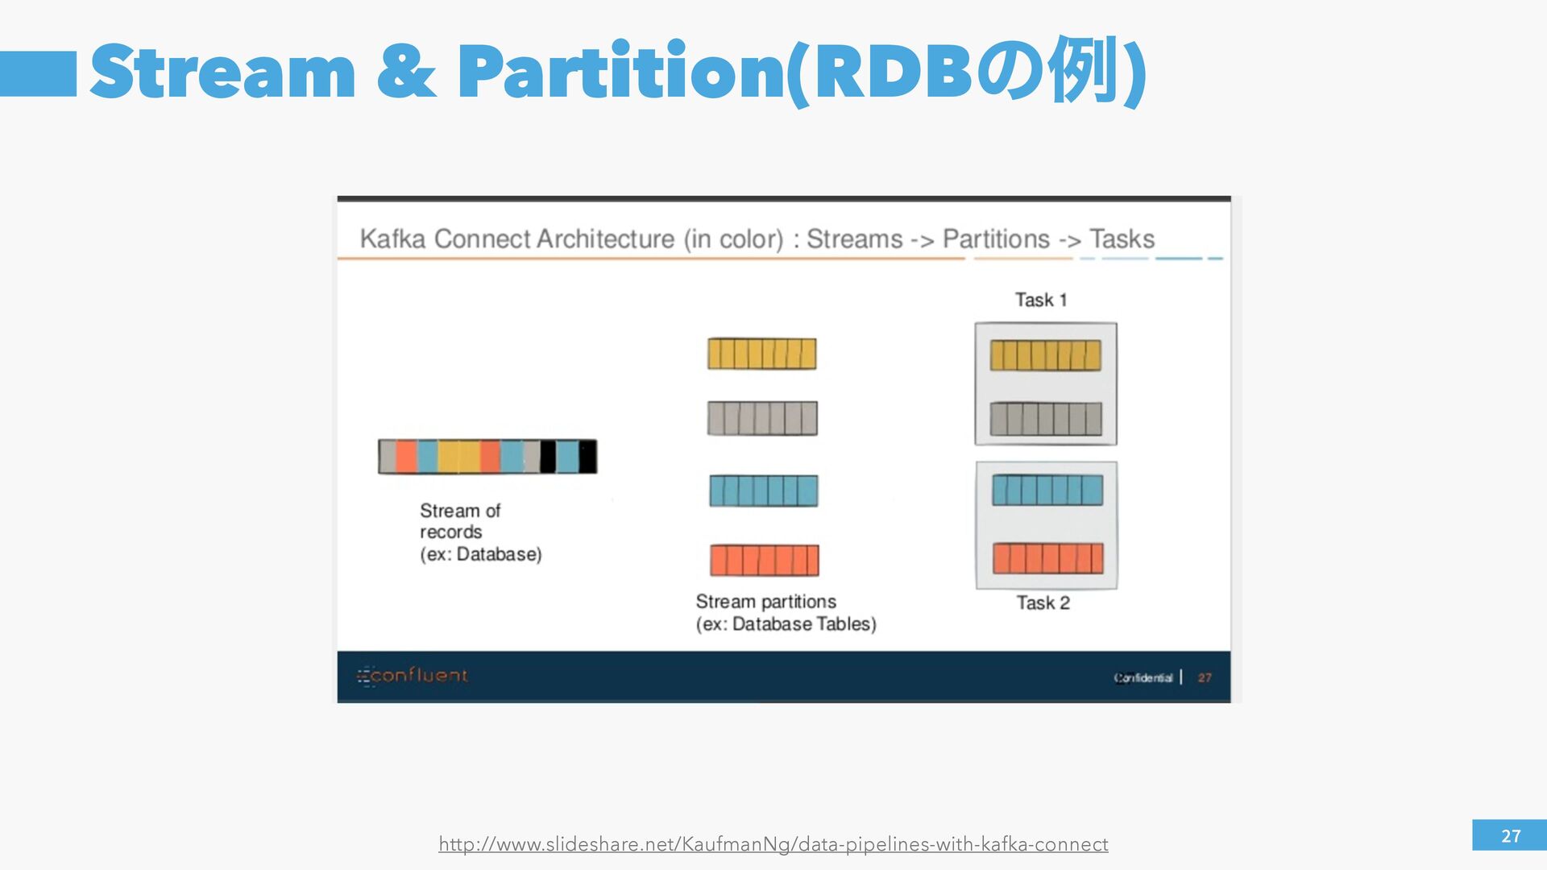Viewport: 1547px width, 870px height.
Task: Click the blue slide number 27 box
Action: tap(1509, 835)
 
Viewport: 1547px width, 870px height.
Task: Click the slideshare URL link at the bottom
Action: tap(773, 844)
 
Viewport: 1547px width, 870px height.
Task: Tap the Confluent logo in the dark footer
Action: tap(413, 676)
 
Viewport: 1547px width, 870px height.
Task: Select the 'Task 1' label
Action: tap(1041, 300)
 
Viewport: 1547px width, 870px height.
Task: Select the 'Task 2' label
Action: tap(1043, 603)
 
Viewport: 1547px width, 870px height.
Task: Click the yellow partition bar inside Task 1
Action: tap(1045, 355)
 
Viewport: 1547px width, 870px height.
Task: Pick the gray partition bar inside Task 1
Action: tap(1045, 419)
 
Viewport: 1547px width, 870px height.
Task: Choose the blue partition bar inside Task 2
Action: tap(1047, 490)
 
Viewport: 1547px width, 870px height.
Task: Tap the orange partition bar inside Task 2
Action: tap(1047, 558)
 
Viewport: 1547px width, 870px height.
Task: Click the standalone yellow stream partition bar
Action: tap(761, 354)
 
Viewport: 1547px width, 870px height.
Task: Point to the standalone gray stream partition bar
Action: tap(762, 418)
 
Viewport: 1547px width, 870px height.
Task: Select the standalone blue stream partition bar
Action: tap(763, 491)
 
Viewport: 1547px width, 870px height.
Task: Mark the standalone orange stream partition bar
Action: tap(764, 561)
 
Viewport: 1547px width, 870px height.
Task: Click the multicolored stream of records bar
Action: tap(487, 457)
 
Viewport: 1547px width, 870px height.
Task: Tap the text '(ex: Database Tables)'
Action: tap(786, 624)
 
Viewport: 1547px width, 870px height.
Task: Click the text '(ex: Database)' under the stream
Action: tap(480, 555)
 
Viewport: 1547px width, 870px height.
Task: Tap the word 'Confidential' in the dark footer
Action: tap(1143, 678)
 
